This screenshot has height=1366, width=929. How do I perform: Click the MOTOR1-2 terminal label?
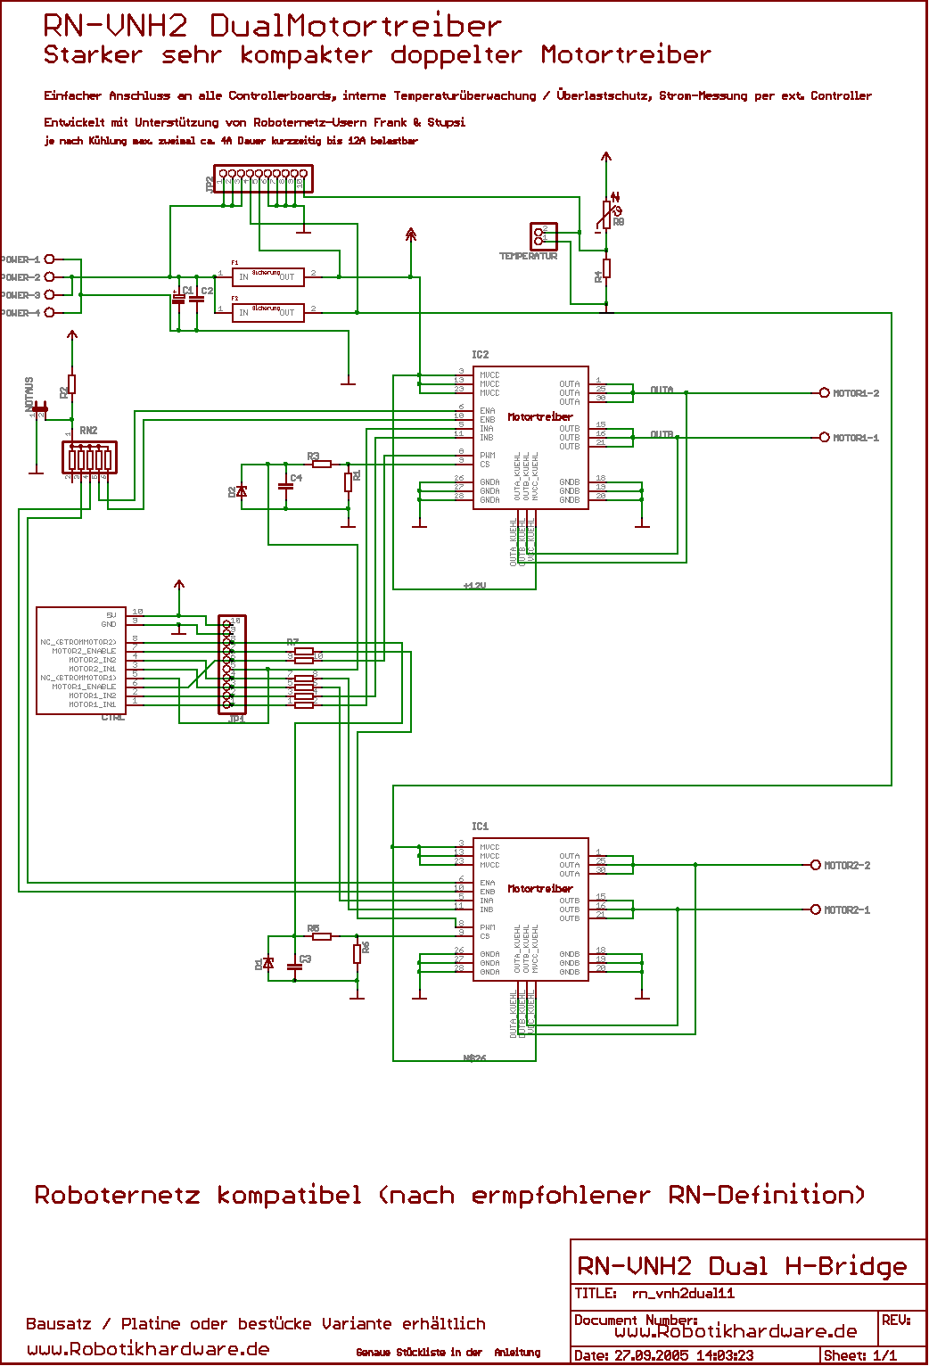point(856,393)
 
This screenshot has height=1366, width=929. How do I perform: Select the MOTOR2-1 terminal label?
point(847,910)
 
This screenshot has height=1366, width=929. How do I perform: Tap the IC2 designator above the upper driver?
point(481,355)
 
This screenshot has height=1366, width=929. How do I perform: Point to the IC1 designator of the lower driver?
point(481,827)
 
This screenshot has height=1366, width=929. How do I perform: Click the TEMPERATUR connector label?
point(528,257)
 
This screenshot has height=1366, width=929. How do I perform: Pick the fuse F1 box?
point(267,277)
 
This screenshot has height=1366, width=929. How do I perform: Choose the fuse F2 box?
point(267,313)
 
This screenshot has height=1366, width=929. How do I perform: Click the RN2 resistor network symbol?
point(89,458)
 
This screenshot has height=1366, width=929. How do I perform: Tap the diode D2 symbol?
point(241,491)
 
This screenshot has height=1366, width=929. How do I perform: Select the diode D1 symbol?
point(268,964)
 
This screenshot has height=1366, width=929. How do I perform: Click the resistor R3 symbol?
point(322,464)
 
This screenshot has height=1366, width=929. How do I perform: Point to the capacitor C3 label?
point(306,959)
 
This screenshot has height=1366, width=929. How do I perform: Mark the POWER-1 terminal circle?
point(50,259)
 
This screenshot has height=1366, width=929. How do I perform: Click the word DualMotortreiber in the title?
point(356,26)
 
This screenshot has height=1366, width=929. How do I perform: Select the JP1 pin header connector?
point(232,664)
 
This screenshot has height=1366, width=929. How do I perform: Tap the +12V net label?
point(474,586)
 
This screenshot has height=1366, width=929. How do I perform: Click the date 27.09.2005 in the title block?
point(651,1356)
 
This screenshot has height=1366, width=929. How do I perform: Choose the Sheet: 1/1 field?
point(860,1356)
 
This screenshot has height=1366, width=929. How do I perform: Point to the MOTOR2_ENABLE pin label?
point(84,651)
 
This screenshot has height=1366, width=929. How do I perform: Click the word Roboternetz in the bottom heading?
point(117,1195)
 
